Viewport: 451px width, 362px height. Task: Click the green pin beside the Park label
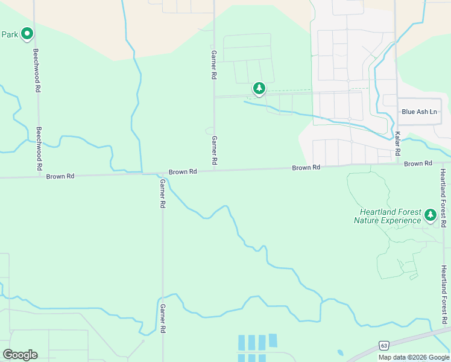point(27,34)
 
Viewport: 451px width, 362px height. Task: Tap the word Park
point(9,34)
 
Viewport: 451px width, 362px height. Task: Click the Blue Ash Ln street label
point(419,112)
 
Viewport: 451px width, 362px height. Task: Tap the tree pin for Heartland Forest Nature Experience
point(430,215)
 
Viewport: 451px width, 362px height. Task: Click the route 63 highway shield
point(383,345)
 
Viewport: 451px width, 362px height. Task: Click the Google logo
point(20,354)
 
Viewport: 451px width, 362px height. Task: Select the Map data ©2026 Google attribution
point(414,357)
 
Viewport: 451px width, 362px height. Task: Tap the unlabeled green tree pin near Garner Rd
point(259,89)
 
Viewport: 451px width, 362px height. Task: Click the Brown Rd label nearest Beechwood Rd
point(60,176)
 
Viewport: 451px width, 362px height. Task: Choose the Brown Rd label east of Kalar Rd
point(418,164)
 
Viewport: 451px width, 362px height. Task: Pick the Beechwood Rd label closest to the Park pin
point(37,70)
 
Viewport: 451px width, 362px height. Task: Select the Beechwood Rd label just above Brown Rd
point(39,148)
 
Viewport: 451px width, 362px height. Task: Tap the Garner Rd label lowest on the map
point(163,319)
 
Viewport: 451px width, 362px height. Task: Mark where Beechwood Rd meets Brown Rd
point(40,177)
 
